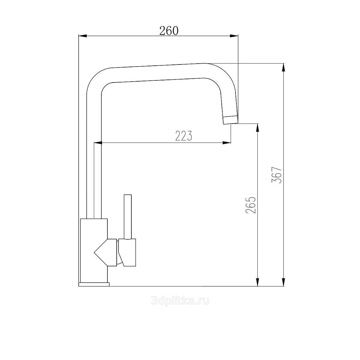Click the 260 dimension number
pyautogui.click(x=169, y=31)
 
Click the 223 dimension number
pyautogui.click(x=184, y=136)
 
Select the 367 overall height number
pyautogui.click(x=277, y=175)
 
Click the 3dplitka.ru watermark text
pyautogui.click(x=180, y=301)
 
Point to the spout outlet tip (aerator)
pyautogui.click(x=231, y=120)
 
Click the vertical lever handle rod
pyautogui.click(x=128, y=217)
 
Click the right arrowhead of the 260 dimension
pyautogui.click(x=234, y=36)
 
